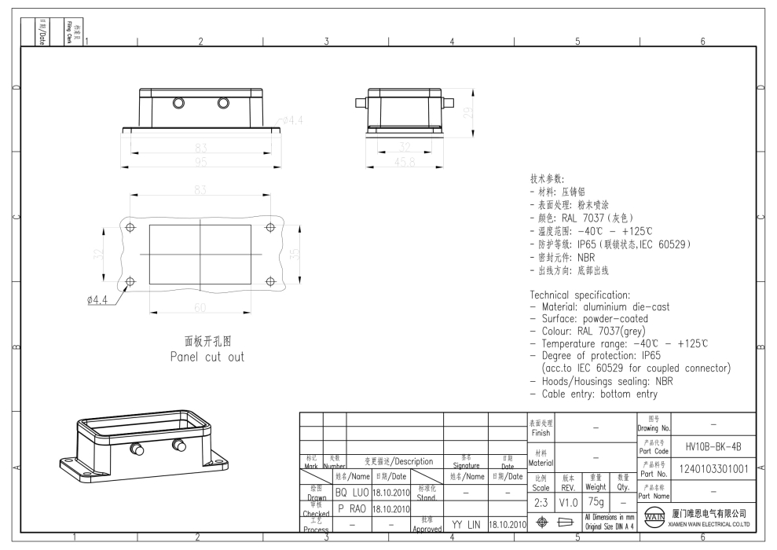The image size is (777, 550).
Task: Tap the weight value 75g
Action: pos(596,501)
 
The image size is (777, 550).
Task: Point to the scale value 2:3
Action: pos(541,501)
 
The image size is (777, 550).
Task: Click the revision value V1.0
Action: pos(569,501)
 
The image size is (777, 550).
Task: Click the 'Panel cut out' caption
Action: pos(207,357)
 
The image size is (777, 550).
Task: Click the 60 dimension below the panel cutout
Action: pos(201,305)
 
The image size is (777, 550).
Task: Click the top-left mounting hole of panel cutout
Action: pos(130,227)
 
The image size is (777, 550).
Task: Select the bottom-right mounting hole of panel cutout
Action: pos(271,280)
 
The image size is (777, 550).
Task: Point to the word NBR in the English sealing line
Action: pos(665,381)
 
